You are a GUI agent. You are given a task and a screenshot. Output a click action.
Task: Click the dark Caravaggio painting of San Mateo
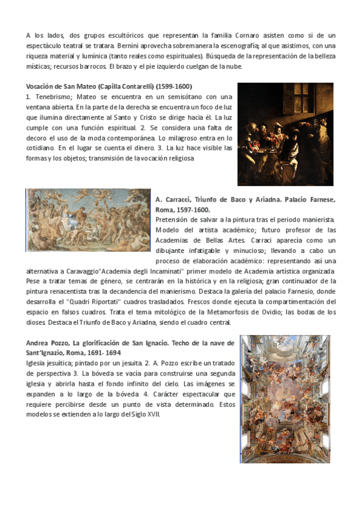[285, 134]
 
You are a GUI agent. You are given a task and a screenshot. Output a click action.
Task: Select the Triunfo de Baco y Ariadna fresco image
[89, 219]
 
